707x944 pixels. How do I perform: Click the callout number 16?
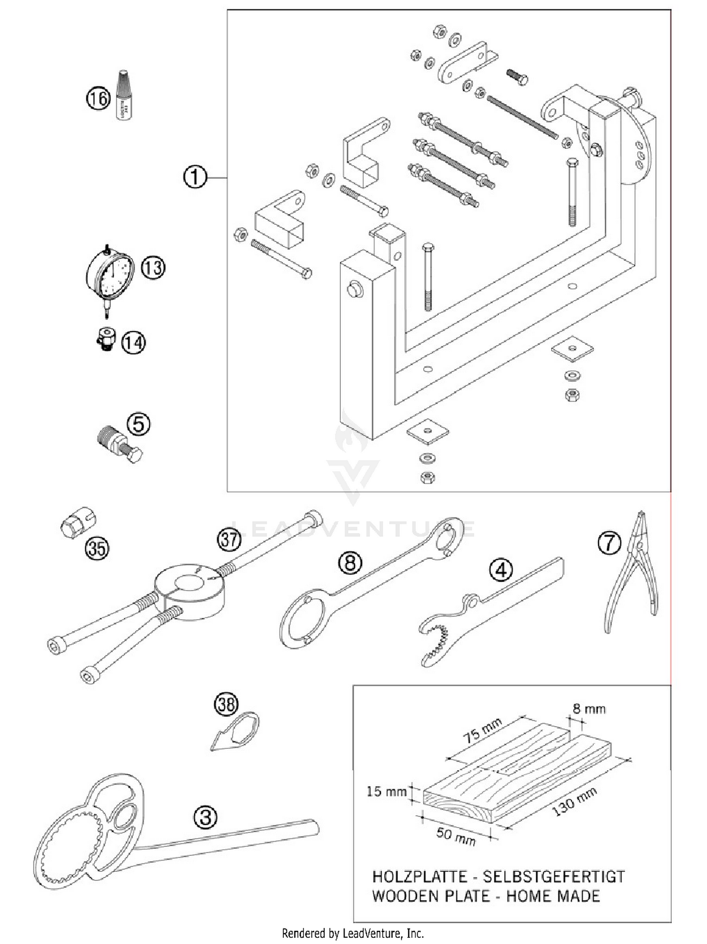98,99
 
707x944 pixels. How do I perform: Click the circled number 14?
133,343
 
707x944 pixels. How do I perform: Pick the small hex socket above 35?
78,522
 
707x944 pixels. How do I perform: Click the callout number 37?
229,539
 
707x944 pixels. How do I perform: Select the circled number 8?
350,562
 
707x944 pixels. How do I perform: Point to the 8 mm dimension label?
589,708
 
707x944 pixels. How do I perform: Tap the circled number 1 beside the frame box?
195,178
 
